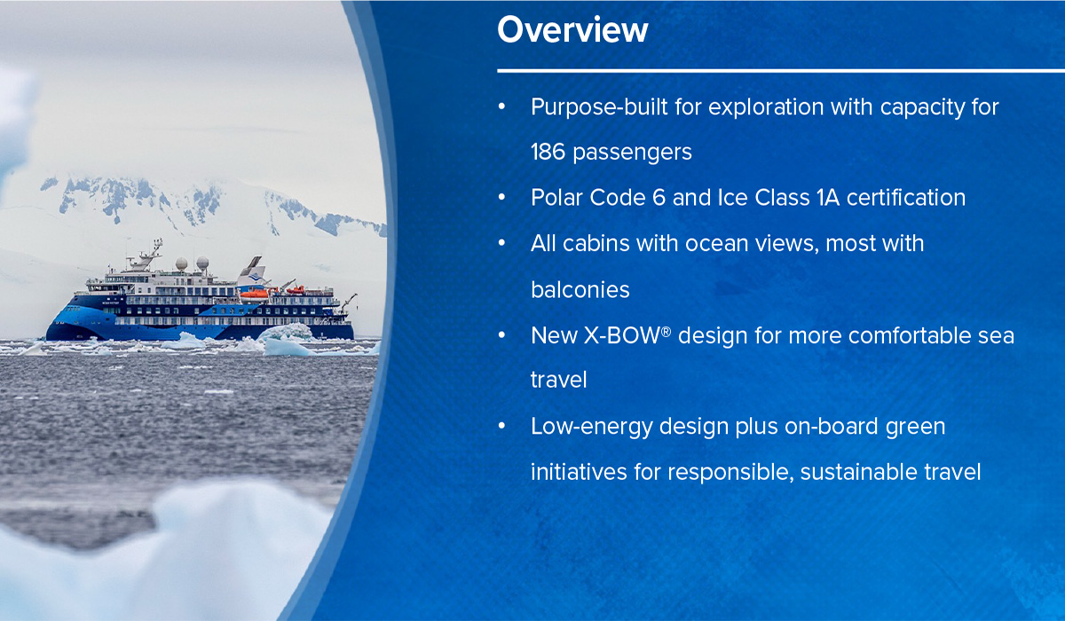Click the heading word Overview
click(x=572, y=30)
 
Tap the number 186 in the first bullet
click(x=548, y=153)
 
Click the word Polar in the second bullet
click(x=556, y=198)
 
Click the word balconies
click(x=580, y=290)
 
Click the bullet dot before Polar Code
click(x=501, y=198)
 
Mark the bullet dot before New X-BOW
click(x=501, y=335)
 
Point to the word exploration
click(x=766, y=107)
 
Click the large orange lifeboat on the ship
click(x=255, y=295)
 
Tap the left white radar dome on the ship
click(x=181, y=263)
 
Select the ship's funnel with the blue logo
click(x=252, y=271)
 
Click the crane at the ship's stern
click(x=349, y=303)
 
